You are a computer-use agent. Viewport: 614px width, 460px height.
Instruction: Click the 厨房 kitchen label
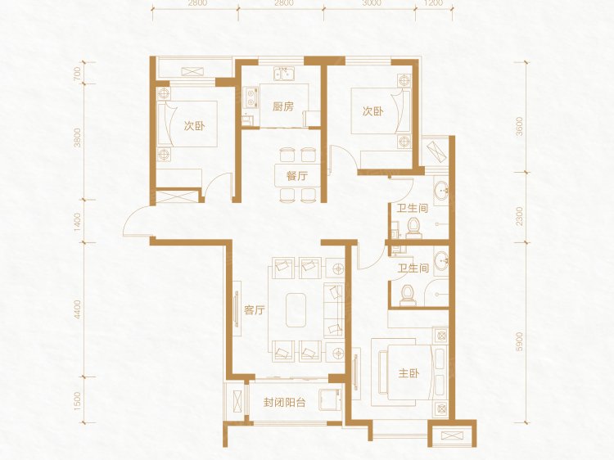[x=283, y=106]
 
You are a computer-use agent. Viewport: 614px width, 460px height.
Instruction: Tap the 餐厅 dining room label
[x=297, y=176]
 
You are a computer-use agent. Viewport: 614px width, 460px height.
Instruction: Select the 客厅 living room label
[x=254, y=311]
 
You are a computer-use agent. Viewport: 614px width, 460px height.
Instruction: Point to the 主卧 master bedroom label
[x=409, y=373]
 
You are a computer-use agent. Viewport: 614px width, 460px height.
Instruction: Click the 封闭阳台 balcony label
[x=284, y=403]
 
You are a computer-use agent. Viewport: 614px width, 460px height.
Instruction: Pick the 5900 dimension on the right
[x=519, y=342]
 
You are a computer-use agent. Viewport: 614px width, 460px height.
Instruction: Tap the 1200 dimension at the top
[x=433, y=2]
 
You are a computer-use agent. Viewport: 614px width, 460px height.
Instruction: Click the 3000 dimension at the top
[x=372, y=2]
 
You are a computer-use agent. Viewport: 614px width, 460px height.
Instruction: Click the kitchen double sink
[x=284, y=74]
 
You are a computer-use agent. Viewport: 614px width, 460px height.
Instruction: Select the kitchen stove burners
[x=251, y=98]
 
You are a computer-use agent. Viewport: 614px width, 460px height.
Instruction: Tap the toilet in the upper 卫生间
[x=413, y=228]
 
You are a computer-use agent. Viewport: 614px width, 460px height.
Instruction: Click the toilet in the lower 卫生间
[x=407, y=295]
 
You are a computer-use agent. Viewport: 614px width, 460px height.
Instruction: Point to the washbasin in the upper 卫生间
[x=441, y=192]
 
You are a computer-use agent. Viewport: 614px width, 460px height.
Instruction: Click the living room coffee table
[x=296, y=310]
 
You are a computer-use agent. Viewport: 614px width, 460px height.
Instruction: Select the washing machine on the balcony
[x=331, y=399]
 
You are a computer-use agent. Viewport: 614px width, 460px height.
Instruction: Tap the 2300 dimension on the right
[x=519, y=216]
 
